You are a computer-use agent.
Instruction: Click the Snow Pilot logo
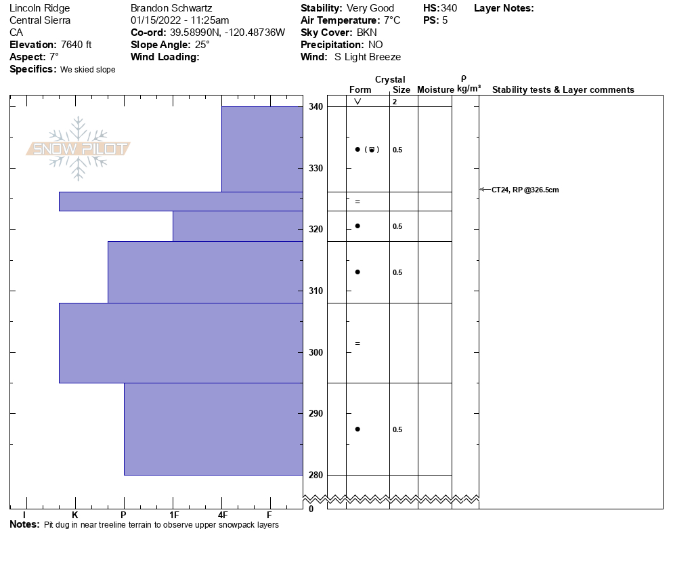[x=79, y=149]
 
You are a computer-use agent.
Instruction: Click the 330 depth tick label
[x=316, y=168]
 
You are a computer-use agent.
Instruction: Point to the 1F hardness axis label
[x=173, y=515]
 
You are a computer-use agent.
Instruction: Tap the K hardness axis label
[x=75, y=515]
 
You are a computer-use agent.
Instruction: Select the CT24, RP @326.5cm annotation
[x=525, y=190]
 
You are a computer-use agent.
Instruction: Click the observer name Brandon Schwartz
[x=171, y=8]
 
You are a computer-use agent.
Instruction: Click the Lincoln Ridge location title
[x=39, y=8]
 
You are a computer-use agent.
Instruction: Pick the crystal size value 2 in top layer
[x=394, y=102]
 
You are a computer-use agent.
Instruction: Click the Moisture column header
[x=435, y=90]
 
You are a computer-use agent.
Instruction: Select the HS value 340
[x=449, y=8]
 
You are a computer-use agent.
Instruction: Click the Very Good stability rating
[x=370, y=8]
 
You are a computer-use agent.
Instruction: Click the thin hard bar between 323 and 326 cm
[x=181, y=201]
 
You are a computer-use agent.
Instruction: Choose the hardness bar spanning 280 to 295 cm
[x=213, y=429]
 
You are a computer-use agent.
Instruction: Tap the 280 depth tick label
[x=316, y=475]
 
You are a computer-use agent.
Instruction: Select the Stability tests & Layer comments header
[x=563, y=90]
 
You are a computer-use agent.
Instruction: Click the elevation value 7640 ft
[x=76, y=45]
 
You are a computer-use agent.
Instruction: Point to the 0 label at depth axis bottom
[x=311, y=509]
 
